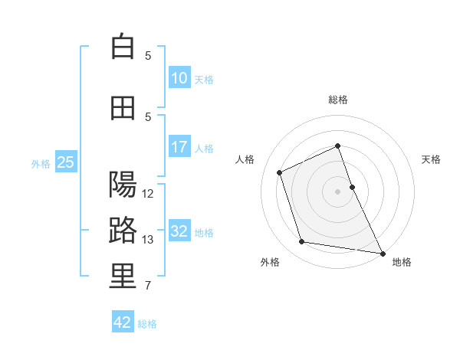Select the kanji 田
point(123,108)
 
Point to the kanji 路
point(123,231)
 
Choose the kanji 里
point(123,277)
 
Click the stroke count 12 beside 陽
point(149,194)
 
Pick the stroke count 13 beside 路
point(149,240)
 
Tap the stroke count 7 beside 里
point(148,286)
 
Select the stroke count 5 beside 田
point(148,117)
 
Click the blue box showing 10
point(179,78)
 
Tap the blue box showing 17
point(179,147)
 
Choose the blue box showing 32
point(179,231)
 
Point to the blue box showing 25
point(65,162)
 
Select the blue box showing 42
point(123,322)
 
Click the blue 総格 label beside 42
point(147,324)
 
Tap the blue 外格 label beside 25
point(41,163)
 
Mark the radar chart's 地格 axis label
point(402,262)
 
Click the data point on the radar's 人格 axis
point(280,172)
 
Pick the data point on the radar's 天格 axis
point(352,187)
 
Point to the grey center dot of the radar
point(337,191)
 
